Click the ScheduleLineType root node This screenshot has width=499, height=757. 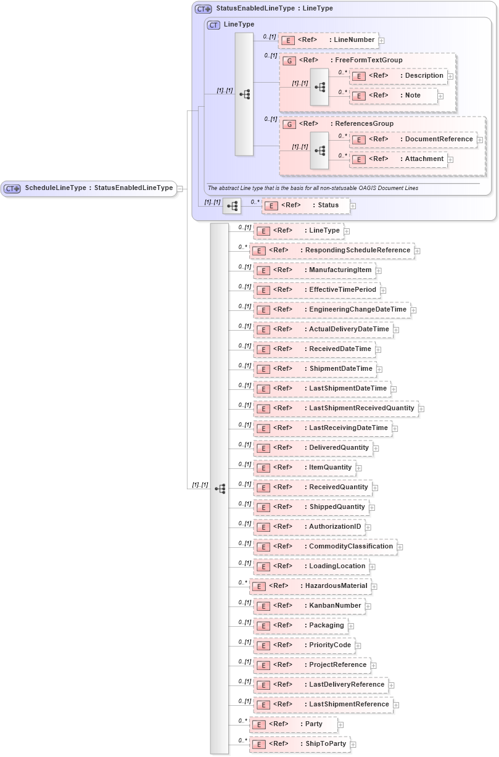(x=89, y=188)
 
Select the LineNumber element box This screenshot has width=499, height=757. (x=328, y=40)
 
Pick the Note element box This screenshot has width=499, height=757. (x=394, y=96)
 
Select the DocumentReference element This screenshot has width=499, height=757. (x=413, y=139)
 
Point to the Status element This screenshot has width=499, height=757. (x=305, y=205)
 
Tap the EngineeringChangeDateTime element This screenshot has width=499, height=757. (x=331, y=310)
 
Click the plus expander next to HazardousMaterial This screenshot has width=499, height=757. (x=374, y=587)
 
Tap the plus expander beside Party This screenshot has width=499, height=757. (x=340, y=725)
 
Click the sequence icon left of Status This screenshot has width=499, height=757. (x=232, y=206)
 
